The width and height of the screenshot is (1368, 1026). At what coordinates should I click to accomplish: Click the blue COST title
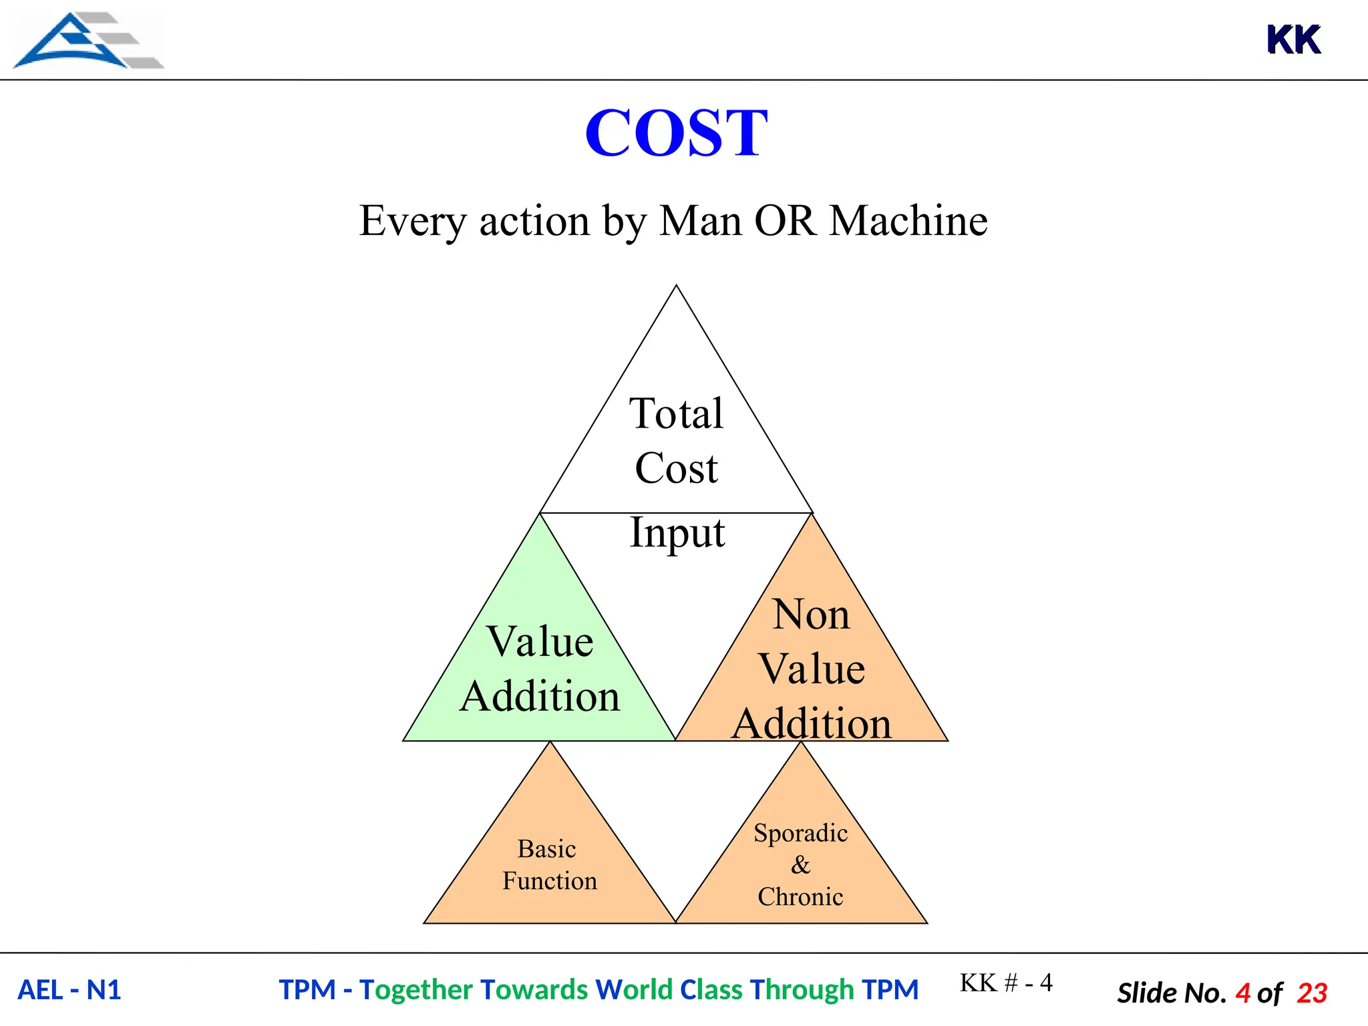[676, 133]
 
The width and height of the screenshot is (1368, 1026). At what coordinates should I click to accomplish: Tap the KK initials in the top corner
[1293, 40]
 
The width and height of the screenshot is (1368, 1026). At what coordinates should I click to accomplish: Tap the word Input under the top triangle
[677, 533]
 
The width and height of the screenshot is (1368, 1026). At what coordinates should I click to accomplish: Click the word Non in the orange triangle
[811, 614]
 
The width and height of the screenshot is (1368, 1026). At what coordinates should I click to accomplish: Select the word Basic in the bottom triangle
[546, 849]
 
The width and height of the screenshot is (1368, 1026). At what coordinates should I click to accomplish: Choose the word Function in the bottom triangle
[550, 881]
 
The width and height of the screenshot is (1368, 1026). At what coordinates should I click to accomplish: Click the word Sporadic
[800, 833]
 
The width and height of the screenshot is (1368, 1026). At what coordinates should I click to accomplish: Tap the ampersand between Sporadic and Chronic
[800, 865]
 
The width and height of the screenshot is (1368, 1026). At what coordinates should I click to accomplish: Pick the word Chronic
[800, 897]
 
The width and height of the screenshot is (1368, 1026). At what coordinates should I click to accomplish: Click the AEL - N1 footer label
[69, 990]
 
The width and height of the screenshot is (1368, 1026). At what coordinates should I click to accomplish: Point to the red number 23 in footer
[1312, 993]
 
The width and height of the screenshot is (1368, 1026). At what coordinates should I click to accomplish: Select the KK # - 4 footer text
[1006, 983]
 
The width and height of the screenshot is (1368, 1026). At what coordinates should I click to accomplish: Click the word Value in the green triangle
[540, 641]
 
